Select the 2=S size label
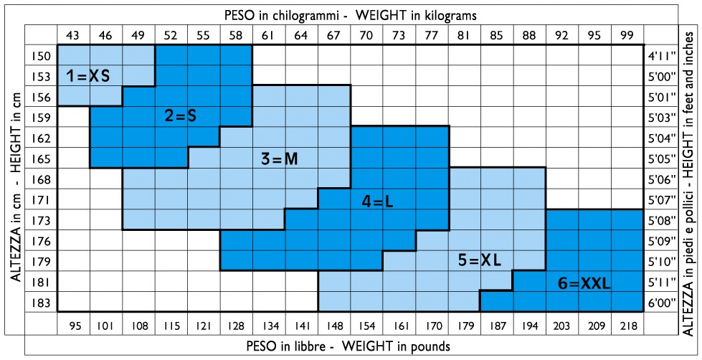[x=180, y=115]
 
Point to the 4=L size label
[x=377, y=202]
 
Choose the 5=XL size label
[x=479, y=259]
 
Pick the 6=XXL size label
[x=584, y=284]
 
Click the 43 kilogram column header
[x=72, y=34]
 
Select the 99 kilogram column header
[x=627, y=34]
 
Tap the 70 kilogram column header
[x=366, y=34]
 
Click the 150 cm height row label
[x=41, y=55]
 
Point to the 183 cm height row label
[x=41, y=303]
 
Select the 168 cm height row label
[x=41, y=179]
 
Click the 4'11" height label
[x=660, y=55]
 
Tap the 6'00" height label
[x=660, y=303]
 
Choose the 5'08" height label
[x=660, y=220]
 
